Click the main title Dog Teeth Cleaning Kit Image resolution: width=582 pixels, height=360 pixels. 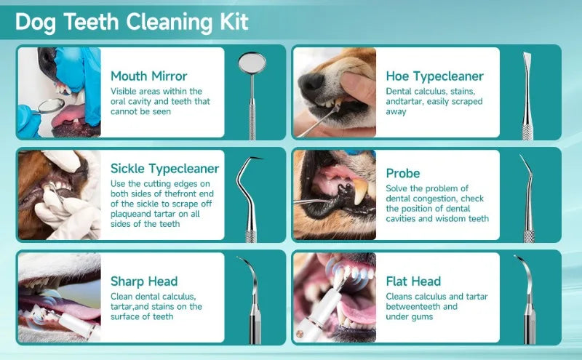(132, 22)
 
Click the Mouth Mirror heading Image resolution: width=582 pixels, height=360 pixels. (149, 76)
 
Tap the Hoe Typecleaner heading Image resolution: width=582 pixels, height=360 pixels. (435, 76)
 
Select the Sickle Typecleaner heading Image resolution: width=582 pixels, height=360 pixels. (164, 169)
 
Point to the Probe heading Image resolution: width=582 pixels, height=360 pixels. (403, 173)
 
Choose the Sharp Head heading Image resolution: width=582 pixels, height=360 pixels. (144, 281)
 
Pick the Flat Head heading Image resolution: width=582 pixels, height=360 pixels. (413, 281)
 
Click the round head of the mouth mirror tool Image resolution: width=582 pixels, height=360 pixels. (251, 65)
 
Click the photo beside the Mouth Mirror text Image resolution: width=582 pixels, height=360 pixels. (59, 92)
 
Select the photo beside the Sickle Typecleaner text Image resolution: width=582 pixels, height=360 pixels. (59, 195)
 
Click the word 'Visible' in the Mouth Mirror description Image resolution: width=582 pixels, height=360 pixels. (124, 92)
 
